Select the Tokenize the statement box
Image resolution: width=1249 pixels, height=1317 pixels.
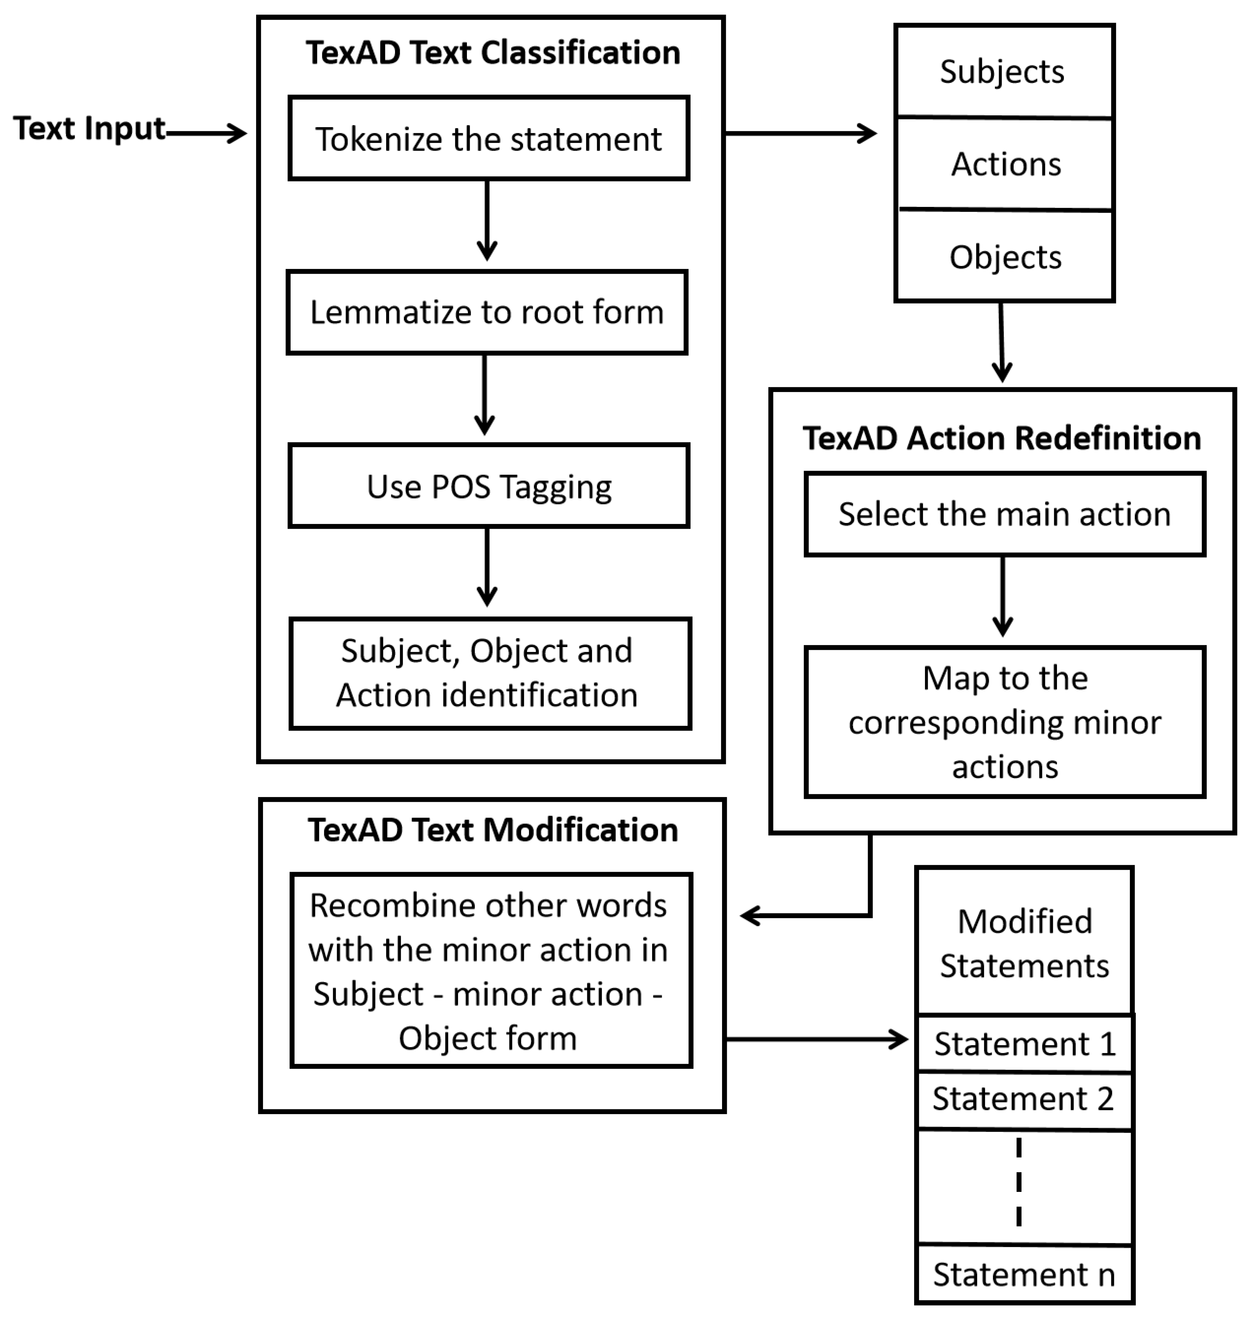[x=489, y=138]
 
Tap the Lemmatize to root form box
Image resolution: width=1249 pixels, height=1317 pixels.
[x=487, y=312]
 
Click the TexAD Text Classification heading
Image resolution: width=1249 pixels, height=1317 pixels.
[x=493, y=53]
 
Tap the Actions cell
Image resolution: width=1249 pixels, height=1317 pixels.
[x=1005, y=164]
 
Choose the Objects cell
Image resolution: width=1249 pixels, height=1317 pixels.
[x=1005, y=257]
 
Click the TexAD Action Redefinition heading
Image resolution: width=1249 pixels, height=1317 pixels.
[x=1002, y=438]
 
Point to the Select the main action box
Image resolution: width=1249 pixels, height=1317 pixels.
[x=1004, y=514]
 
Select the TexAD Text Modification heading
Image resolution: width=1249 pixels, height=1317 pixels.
[x=493, y=830]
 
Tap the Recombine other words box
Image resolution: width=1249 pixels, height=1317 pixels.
[x=491, y=971]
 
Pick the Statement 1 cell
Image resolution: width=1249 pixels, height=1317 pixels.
[x=1024, y=1044]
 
